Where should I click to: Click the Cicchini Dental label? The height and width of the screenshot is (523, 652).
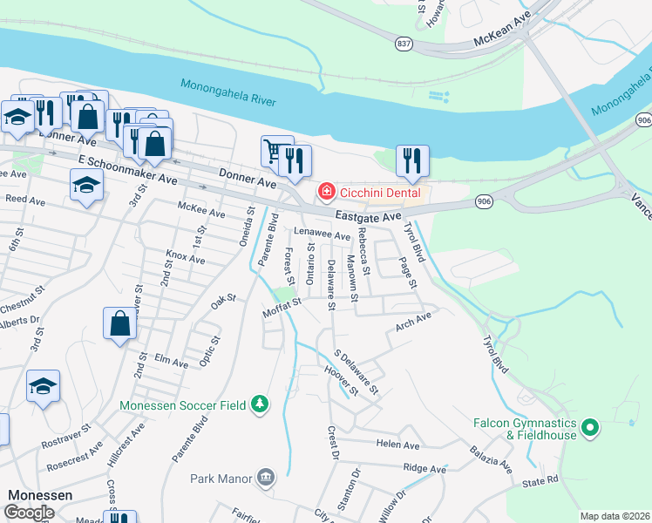pyautogui.click(x=380, y=192)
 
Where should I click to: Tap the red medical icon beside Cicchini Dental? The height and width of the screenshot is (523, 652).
pyautogui.click(x=326, y=191)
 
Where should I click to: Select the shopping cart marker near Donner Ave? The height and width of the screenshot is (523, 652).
pyautogui.click(x=275, y=152)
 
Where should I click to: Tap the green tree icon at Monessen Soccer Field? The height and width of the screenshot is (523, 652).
pyautogui.click(x=259, y=404)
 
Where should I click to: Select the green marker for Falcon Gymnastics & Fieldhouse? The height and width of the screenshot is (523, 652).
pyautogui.click(x=589, y=427)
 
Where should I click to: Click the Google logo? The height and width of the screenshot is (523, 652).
pyautogui.click(x=29, y=512)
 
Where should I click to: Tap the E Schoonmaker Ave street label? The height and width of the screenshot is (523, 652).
pyautogui.click(x=127, y=170)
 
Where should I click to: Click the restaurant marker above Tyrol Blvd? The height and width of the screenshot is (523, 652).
pyautogui.click(x=412, y=160)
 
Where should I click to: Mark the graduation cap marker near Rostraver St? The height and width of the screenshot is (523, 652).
pyautogui.click(x=43, y=386)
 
